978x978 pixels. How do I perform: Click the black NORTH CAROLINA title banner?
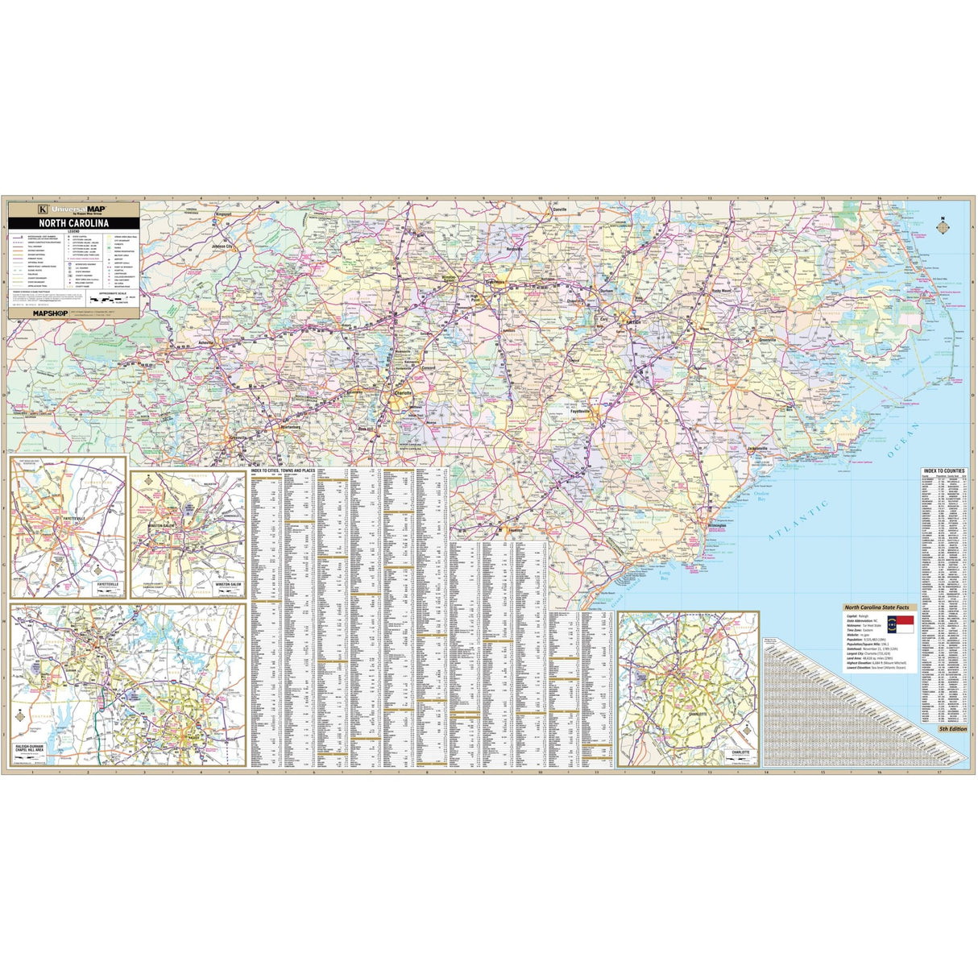click(x=73, y=222)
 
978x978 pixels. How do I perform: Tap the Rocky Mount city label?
click(x=722, y=291)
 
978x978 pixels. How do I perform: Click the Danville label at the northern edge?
click(x=559, y=209)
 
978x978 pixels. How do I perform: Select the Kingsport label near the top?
click(x=229, y=214)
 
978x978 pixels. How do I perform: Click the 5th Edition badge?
click(x=952, y=728)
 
